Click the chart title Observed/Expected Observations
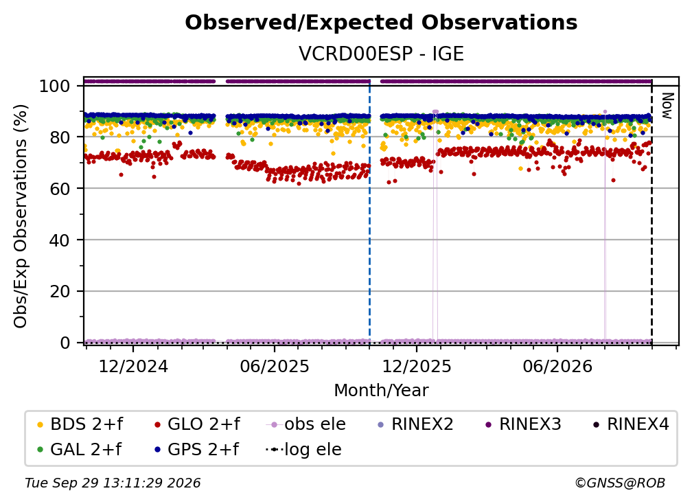[381, 23]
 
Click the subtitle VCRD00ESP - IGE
[381, 54]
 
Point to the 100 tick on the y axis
[55, 86]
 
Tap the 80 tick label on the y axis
[60, 137]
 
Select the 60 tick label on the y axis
[60, 189]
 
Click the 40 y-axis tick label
[60, 240]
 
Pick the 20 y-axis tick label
[60, 292]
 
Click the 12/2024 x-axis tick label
[133, 366]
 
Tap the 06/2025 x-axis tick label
[275, 366]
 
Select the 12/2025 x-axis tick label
[417, 366]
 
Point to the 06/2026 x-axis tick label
[557, 366]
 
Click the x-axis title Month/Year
[381, 391]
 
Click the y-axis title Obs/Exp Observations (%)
[21, 216]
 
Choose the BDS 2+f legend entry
[80, 424]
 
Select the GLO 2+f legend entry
[197, 424]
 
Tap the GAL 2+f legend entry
[79, 450]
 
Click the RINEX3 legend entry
[523, 424]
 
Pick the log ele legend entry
[303, 450]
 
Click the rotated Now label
[667, 106]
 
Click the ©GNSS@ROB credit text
[620, 483]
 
